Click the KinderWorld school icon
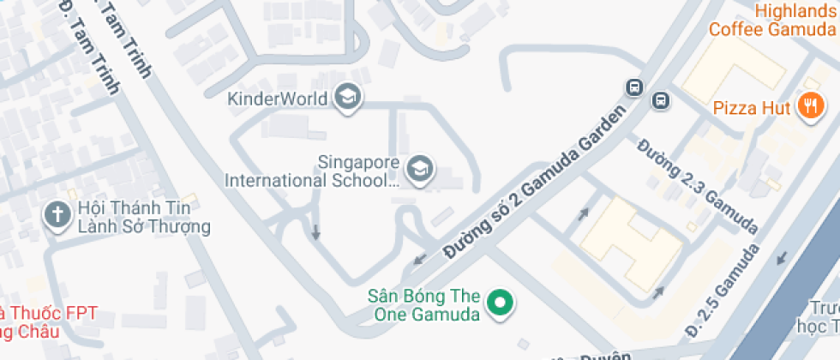pos(347,99)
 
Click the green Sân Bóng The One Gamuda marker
pos(499,303)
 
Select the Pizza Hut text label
pos(751,109)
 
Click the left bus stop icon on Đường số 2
pos(634,87)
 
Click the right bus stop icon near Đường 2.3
pos(661,100)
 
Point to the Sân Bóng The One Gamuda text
pos(423,305)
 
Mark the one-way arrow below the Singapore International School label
pos(315,231)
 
